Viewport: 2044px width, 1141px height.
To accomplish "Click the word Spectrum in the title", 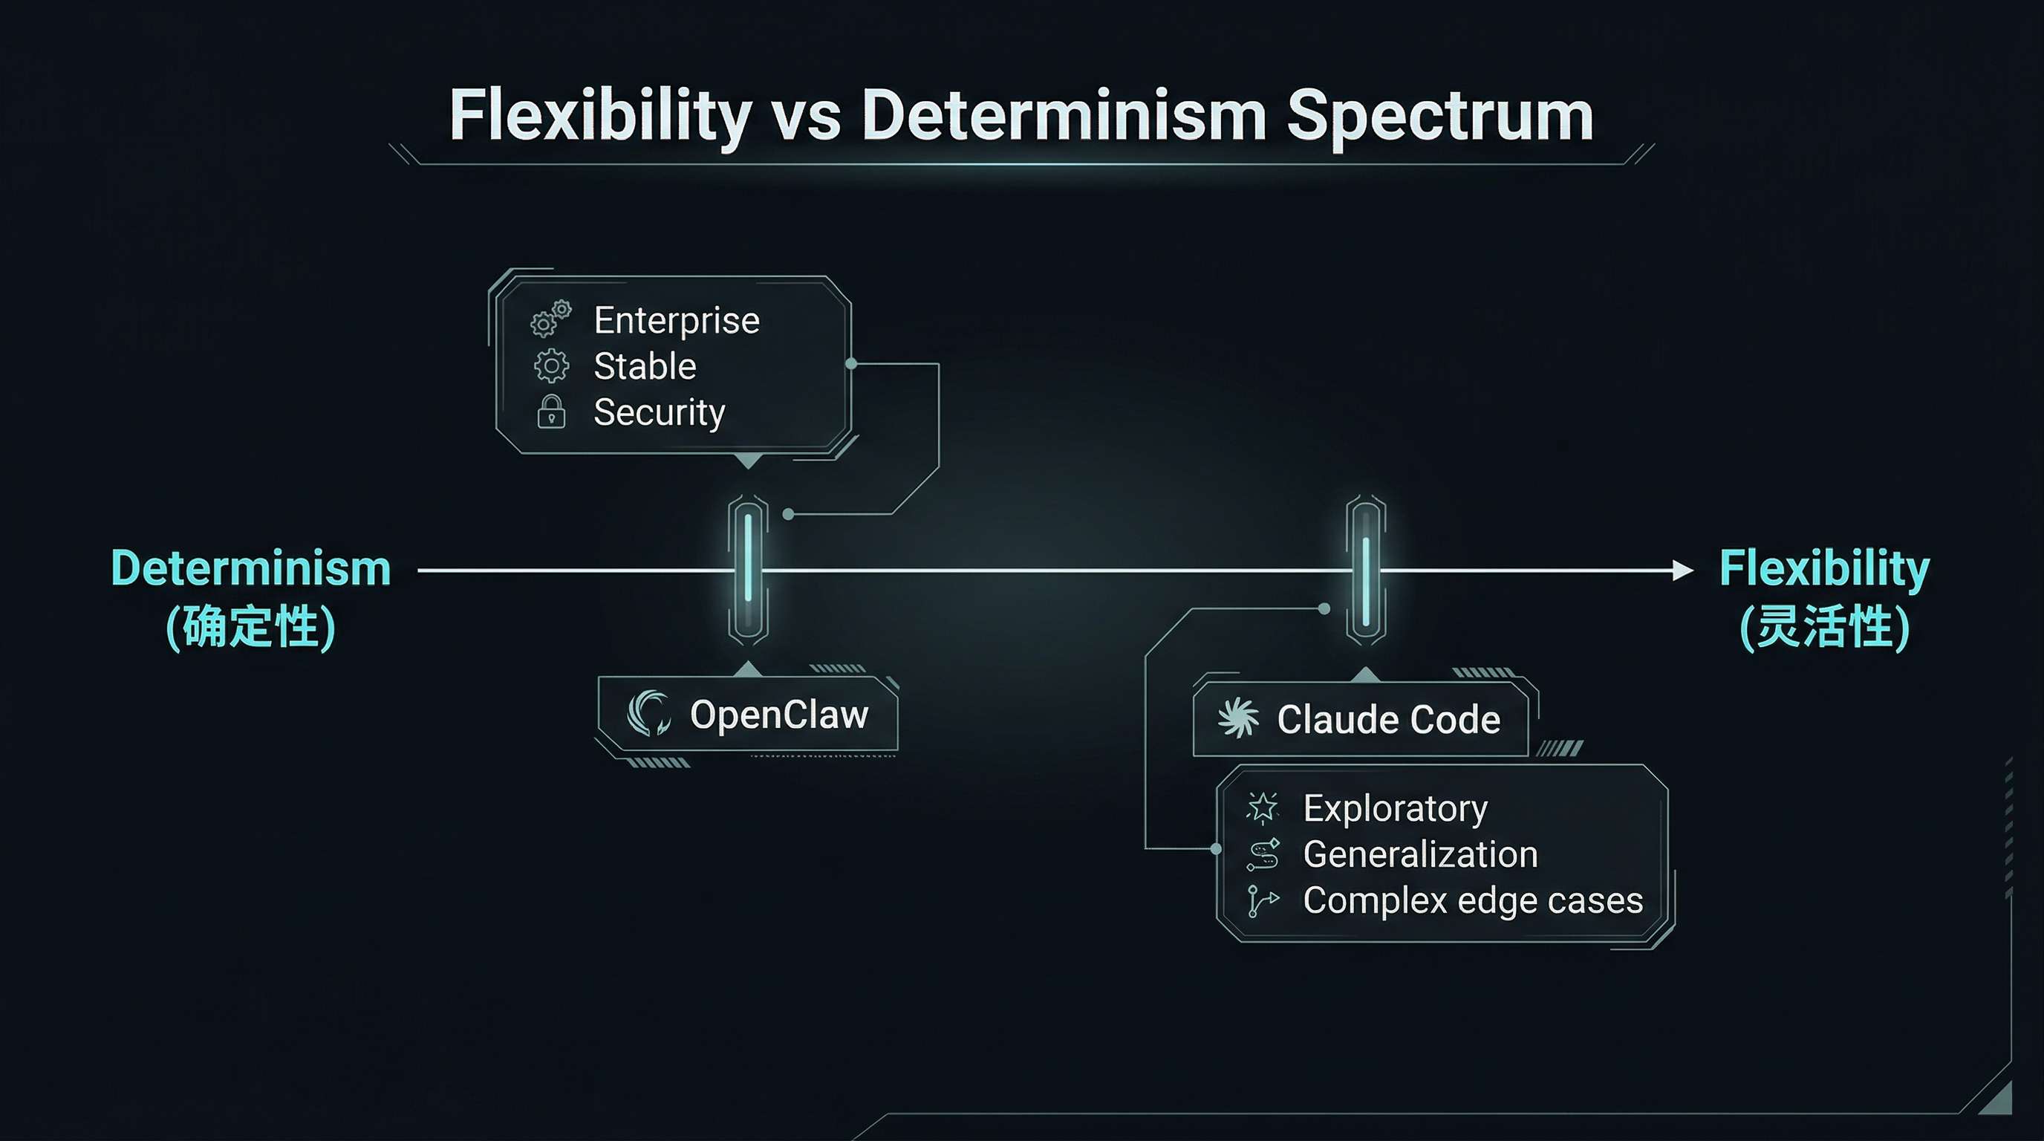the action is point(1439,117).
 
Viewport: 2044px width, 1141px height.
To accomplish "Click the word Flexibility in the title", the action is point(600,117).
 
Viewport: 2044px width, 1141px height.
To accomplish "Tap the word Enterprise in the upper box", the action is point(676,321).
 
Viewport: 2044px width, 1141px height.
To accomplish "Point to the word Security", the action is point(659,412).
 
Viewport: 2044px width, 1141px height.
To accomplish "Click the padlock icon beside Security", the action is point(550,412).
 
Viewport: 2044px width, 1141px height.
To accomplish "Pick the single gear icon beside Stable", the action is point(550,365).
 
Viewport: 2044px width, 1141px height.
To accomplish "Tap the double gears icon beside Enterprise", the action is point(550,318).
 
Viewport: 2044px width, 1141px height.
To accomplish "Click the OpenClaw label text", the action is point(779,715).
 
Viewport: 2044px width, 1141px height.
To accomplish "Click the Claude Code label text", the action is point(1389,720).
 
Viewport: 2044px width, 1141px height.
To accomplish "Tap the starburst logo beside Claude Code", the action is point(1238,718).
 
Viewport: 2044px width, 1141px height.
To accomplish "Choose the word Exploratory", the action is point(1395,808).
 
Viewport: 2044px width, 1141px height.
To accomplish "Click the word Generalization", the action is point(1420,854).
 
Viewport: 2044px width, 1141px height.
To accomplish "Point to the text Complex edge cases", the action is point(1473,900).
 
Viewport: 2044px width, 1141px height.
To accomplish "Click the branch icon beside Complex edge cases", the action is point(1262,900).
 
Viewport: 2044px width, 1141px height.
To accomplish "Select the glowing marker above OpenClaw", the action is point(747,570).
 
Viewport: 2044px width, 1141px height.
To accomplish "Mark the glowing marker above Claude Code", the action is point(1366,570).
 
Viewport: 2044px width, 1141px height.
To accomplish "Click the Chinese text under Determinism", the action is point(251,627).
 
